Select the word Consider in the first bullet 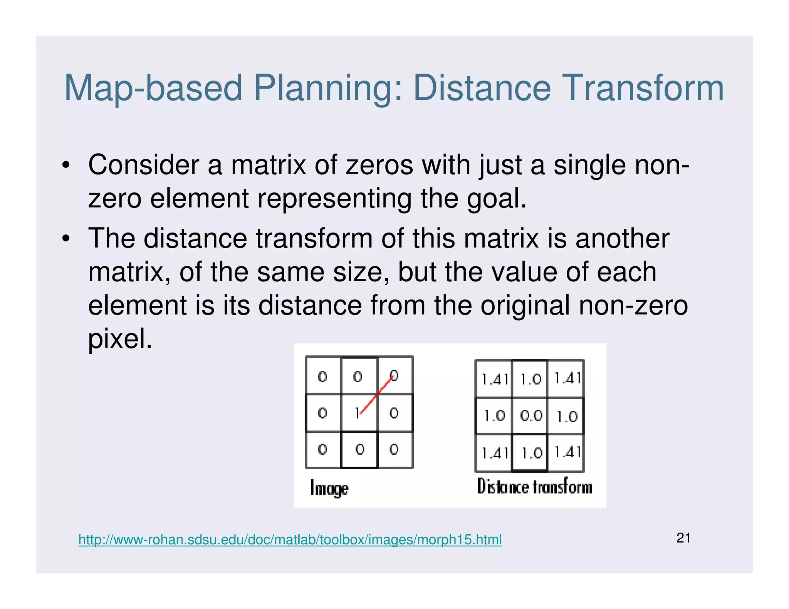[x=143, y=165]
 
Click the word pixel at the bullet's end [x=120, y=339]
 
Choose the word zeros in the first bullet [x=379, y=165]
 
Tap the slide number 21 [x=683, y=538]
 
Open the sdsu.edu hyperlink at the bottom [x=290, y=540]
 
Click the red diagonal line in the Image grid [x=376, y=395]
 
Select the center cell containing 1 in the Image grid [x=358, y=413]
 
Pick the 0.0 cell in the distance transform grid [x=530, y=416]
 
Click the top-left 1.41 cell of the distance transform [x=495, y=380]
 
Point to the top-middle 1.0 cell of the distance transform [x=530, y=380]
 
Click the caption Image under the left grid [x=329, y=489]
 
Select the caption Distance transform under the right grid [x=534, y=487]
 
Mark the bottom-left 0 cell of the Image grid [x=323, y=449]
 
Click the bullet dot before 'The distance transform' [x=66, y=239]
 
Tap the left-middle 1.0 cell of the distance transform [x=495, y=416]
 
